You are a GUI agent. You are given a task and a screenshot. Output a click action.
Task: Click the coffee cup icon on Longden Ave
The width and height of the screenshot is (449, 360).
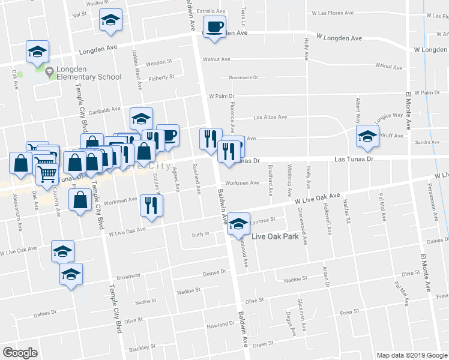tap(214, 27)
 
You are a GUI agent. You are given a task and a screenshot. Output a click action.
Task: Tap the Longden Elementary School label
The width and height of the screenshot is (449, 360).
tap(88, 77)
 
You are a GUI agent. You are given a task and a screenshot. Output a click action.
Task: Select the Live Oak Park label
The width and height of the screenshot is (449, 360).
tap(275, 236)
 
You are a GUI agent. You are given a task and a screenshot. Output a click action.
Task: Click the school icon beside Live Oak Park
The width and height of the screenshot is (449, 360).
tap(240, 224)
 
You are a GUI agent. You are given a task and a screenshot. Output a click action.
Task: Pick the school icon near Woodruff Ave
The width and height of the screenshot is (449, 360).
tap(367, 136)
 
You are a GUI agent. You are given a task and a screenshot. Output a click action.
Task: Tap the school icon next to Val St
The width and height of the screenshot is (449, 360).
tap(110, 20)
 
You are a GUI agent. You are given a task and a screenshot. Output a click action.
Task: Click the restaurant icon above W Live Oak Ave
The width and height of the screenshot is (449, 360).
tap(151, 206)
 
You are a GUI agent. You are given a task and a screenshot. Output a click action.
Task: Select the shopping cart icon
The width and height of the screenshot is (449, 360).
tap(47, 173)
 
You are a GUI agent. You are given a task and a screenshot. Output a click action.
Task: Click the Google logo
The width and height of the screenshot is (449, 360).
tap(20, 352)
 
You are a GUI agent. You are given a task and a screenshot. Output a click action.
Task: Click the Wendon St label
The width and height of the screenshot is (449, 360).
tap(159, 62)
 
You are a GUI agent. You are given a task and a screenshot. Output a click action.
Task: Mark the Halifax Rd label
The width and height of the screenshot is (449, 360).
tap(347, 213)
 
